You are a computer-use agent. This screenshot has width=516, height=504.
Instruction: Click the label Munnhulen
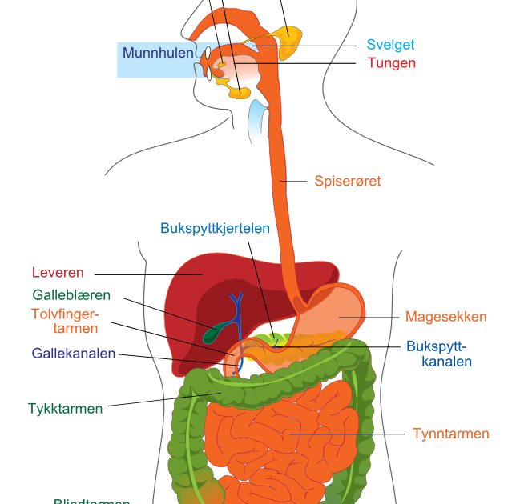pyautogui.click(x=158, y=54)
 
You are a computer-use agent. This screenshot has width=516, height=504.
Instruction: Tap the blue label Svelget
pyautogui.click(x=390, y=45)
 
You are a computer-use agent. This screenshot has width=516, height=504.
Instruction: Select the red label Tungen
pyautogui.click(x=391, y=62)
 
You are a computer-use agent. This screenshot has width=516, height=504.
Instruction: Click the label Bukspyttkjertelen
pyautogui.click(x=216, y=228)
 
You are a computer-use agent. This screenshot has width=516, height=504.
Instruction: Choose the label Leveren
pyautogui.click(x=58, y=273)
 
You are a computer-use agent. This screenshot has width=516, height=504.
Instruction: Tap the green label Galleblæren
pyautogui.click(x=71, y=295)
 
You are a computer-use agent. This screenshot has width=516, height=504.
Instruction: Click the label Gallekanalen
pyautogui.click(x=74, y=353)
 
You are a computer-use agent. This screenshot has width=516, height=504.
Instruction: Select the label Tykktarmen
pyautogui.click(x=65, y=408)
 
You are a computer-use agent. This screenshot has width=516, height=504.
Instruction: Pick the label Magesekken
pyautogui.click(x=445, y=317)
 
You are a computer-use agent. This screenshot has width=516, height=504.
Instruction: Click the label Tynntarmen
pyautogui.click(x=450, y=434)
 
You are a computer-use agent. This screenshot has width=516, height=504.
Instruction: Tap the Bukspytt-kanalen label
pyautogui.click(x=437, y=354)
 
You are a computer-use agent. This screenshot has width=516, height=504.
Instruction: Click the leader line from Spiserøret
pyautogui.click(x=296, y=182)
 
